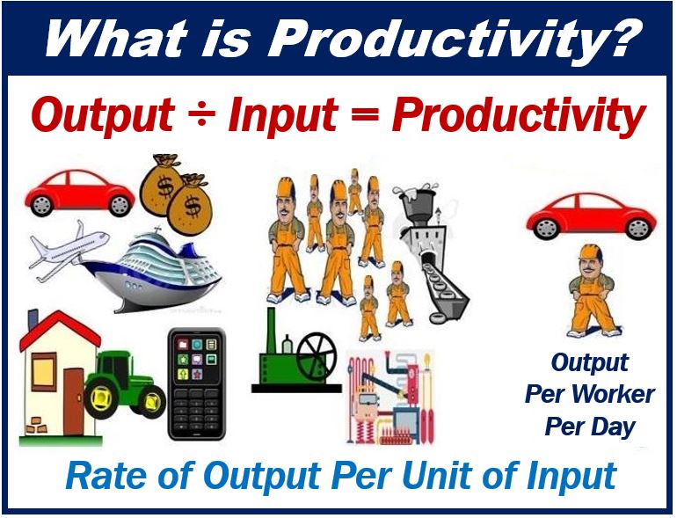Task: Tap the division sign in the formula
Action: pyautogui.click(x=200, y=115)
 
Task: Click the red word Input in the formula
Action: pyautogui.click(x=282, y=115)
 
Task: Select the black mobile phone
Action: pyautogui.click(x=196, y=384)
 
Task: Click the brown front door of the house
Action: pyautogui.click(x=73, y=402)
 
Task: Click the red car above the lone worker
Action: pyautogui.click(x=591, y=217)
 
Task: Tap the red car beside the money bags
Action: pyautogui.click(x=80, y=193)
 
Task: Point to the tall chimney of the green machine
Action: pyautogui.click(x=271, y=331)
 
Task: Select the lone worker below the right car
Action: pyautogui.click(x=593, y=290)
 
